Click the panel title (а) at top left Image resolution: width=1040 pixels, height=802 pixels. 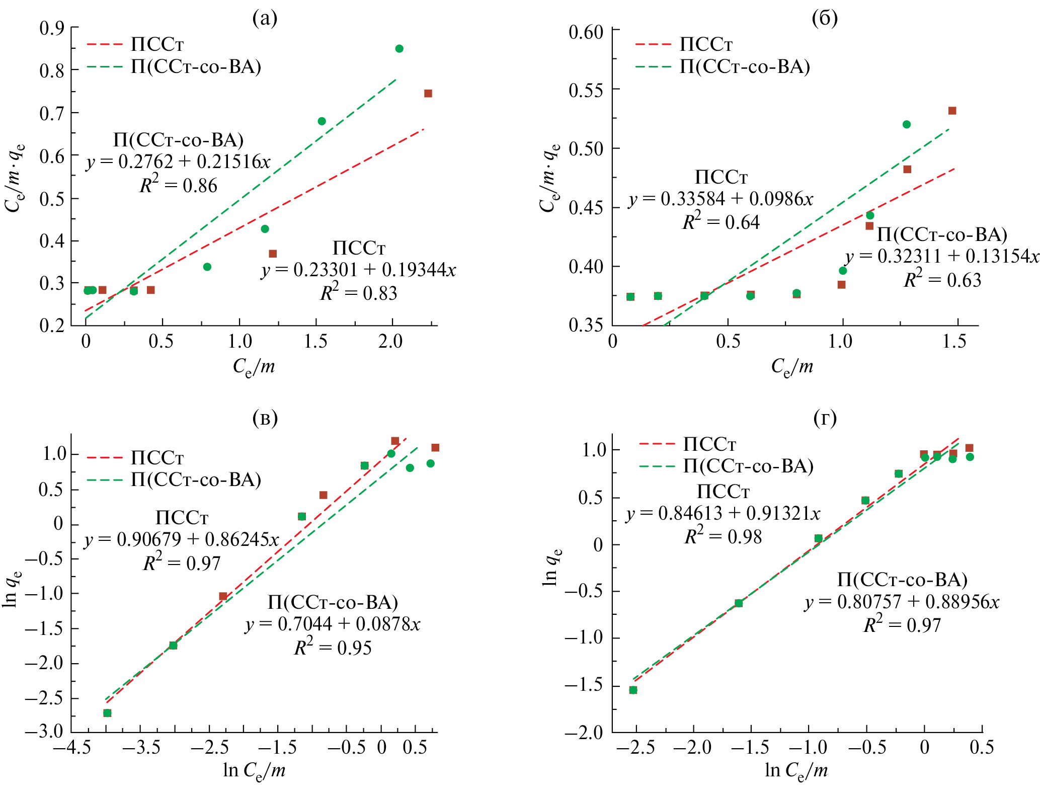coord(265,19)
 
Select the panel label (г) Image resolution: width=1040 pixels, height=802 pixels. coord(825,418)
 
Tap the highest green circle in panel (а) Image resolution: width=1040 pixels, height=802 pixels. coord(399,49)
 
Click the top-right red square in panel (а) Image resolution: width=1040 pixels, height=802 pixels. coord(428,94)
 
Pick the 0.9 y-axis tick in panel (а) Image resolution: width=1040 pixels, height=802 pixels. coord(52,28)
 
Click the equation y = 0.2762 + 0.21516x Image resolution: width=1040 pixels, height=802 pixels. coord(178,162)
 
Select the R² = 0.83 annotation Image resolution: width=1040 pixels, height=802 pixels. coord(359,293)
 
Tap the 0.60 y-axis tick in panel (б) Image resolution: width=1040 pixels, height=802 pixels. coord(586,33)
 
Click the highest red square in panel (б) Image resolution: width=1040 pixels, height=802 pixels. coord(952,111)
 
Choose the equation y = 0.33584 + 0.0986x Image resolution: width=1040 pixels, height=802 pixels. coord(721,200)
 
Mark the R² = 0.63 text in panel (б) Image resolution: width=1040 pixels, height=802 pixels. coord(942,280)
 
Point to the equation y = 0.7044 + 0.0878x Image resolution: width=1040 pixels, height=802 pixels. coord(333,624)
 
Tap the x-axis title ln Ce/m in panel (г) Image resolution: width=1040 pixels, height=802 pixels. coord(796,770)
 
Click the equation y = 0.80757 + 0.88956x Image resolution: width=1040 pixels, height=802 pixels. coord(902,602)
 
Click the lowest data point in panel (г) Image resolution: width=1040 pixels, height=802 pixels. coord(633,690)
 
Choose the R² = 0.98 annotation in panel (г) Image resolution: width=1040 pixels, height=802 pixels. coord(723,537)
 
